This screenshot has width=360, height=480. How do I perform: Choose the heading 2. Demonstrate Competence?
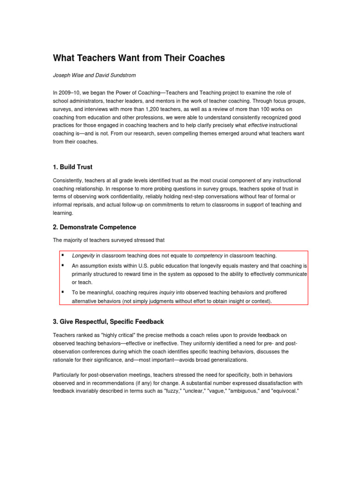tap(94, 227)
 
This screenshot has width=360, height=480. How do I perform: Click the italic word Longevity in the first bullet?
tap(83, 255)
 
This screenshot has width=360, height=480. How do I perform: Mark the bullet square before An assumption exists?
tap(62, 265)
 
